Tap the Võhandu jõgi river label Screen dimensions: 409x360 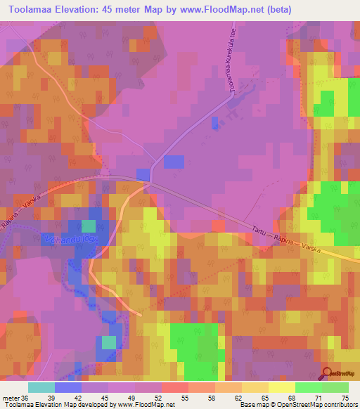pos(75,241)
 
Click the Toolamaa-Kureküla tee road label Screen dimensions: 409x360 pos(230,61)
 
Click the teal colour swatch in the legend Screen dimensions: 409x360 pos(41,387)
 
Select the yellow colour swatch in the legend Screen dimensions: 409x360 pos(282,387)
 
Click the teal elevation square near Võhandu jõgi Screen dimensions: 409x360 pos(88,226)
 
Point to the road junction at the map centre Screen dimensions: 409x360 pos(150,181)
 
